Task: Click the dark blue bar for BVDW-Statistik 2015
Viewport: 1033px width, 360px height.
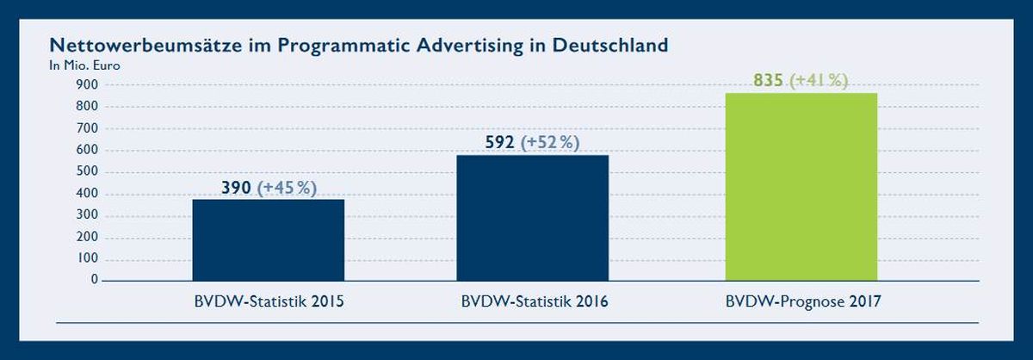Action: (x=269, y=240)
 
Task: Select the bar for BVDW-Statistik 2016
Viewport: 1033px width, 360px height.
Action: (x=533, y=218)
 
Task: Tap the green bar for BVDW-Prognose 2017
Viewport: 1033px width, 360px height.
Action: (x=801, y=187)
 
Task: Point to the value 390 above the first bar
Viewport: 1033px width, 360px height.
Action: (x=236, y=188)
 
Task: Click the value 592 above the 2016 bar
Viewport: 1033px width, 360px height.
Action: (x=499, y=142)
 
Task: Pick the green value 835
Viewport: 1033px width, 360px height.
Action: (x=768, y=80)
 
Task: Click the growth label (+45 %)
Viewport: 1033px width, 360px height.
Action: (x=287, y=188)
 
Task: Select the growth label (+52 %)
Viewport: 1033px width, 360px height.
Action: (x=550, y=142)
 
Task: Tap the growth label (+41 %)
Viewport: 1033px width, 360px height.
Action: (x=819, y=80)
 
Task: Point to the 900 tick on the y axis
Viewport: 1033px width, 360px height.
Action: (x=87, y=84)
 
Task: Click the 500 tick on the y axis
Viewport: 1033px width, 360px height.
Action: (x=87, y=171)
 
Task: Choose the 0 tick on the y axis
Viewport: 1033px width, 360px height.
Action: (x=95, y=279)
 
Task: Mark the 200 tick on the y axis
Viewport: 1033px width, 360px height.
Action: (x=87, y=236)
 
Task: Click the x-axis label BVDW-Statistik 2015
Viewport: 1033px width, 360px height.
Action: (x=269, y=301)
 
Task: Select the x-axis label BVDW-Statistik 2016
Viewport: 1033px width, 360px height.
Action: (x=535, y=301)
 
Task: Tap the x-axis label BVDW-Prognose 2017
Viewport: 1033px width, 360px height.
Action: (x=803, y=301)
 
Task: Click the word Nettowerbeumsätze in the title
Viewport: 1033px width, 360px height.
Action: (x=146, y=46)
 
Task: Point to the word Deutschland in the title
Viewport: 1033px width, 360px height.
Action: (x=609, y=46)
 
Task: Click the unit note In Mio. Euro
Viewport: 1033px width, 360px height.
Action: (x=84, y=65)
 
